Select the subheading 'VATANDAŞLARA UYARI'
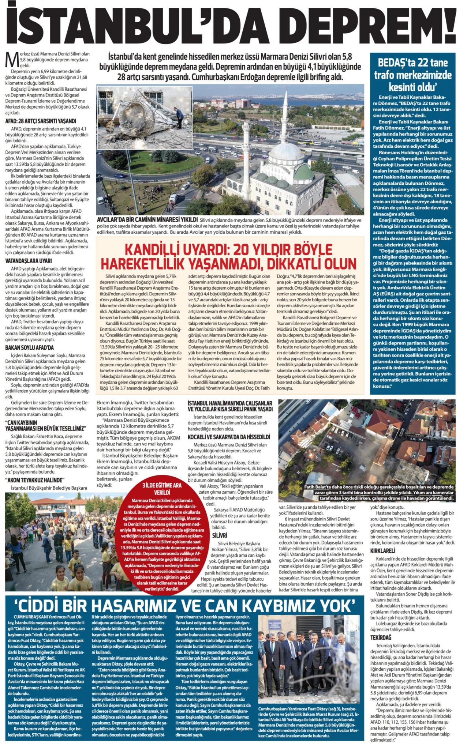click(x=29, y=261)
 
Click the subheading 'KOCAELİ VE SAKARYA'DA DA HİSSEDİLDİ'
click(x=229, y=437)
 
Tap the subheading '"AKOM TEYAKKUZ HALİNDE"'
click(x=35, y=479)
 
